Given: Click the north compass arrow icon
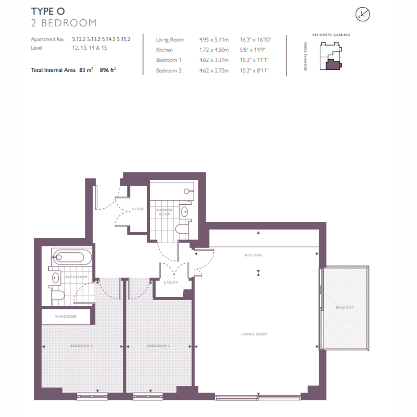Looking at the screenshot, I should pyautogui.click(x=362, y=15).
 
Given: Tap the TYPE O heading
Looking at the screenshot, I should pyautogui.click(x=48, y=11).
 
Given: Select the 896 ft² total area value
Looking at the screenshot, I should pyautogui.click(x=108, y=70).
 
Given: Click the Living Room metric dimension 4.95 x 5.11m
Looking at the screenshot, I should pyautogui.click(x=214, y=40).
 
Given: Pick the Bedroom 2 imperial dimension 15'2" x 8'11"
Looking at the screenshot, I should pyautogui.click(x=254, y=71).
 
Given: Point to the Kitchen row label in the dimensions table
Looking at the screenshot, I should pyautogui.click(x=164, y=50).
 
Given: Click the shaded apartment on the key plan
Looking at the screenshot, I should pyautogui.click(x=333, y=65).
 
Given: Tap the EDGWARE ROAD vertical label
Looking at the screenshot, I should pyautogui.click(x=305, y=56).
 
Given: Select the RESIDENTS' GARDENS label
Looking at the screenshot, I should pyautogui.click(x=331, y=35).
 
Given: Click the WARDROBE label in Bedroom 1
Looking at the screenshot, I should pyautogui.click(x=65, y=317).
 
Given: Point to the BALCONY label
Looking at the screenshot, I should pyautogui.click(x=345, y=308).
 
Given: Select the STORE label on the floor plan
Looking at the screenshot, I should pyautogui.click(x=138, y=209).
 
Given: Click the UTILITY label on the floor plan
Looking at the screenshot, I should pyautogui.click(x=171, y=283).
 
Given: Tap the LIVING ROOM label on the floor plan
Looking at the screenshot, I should pyautogui.click(x=254, y=334).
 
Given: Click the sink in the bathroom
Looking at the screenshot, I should pyautogui.click(x=56, y=278).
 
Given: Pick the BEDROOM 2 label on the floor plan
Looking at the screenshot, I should pyautogui.click(x=158, y=346).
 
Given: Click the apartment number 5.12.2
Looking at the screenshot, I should pyautogui.click(x=79, y=39).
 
